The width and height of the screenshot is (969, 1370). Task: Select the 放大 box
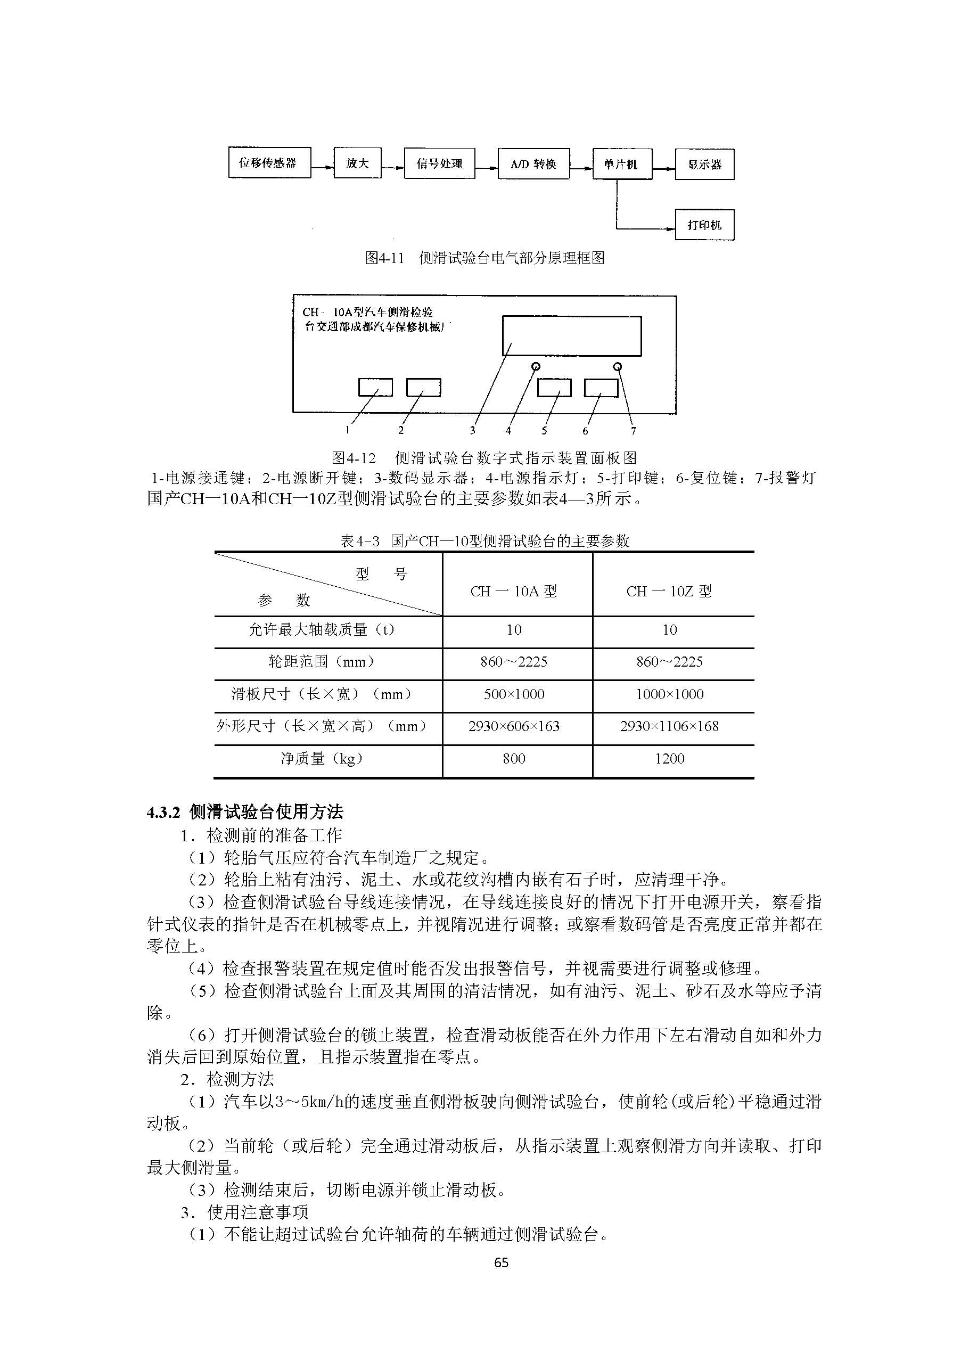(x=357, y=163)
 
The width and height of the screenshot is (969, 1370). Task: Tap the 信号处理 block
(x=439, y=163)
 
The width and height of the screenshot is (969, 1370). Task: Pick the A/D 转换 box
(x=533, y=164)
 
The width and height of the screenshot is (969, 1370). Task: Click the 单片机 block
(x=622, y=164)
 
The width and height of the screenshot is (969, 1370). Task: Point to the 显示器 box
(x=704, y=165)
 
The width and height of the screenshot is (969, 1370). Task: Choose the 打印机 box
(x=704, y=225)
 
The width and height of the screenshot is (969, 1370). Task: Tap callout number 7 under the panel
(x=633, y=431)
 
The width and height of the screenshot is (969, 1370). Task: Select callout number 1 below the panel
(x=347, y=430)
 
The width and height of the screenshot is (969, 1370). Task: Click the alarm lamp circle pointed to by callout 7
(x=618, y=366)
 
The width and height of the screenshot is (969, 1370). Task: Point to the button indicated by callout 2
(x=423, y=387)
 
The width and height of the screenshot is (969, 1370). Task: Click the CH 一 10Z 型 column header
(x=669, y=592)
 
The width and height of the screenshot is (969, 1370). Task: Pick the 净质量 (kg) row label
(x=322, y=759)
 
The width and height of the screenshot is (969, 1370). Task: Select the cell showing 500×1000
(x=514, y=694)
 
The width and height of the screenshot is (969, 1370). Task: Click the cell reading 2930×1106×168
(x=669, y=726)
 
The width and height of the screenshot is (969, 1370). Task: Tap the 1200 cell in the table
(x=669, y=759)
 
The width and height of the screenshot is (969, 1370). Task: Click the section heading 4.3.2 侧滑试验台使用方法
(x=245, y=811)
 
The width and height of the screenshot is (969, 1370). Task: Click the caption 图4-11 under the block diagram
(x=484, y=258)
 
